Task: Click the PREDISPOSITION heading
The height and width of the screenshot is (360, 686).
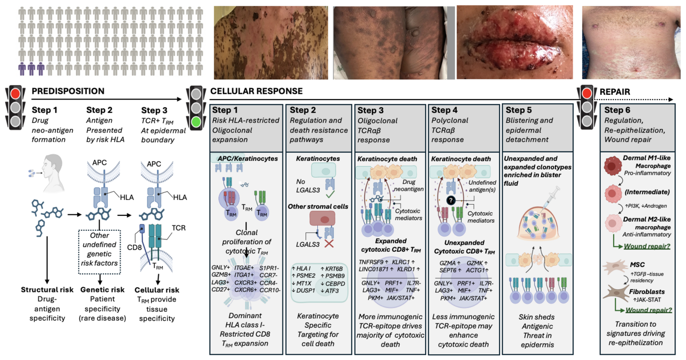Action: coord(68,92)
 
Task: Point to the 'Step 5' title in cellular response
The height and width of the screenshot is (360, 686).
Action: coord(523,110)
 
